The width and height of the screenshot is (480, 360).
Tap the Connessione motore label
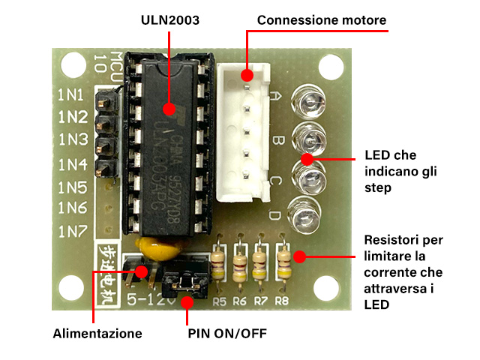click(322, 20)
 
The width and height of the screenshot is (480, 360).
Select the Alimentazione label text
click(97, 332)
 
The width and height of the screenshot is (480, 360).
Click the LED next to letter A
click(308, 100)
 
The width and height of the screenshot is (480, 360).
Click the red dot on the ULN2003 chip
click(170, 109)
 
